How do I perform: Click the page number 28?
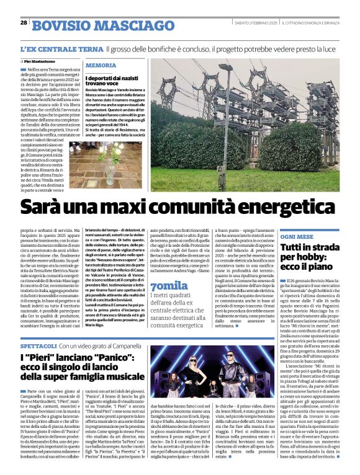click(x=24, y=22)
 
